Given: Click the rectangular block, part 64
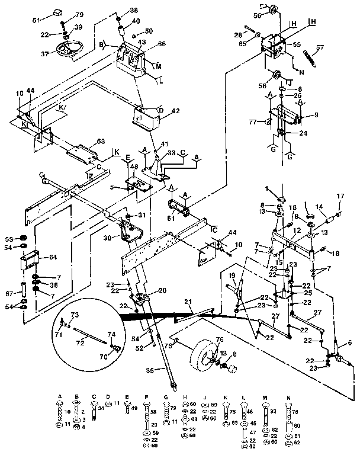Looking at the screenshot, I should pos(31,260).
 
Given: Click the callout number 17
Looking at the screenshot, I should pos(340,197).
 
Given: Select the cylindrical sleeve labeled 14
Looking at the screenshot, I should pos(326,216).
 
